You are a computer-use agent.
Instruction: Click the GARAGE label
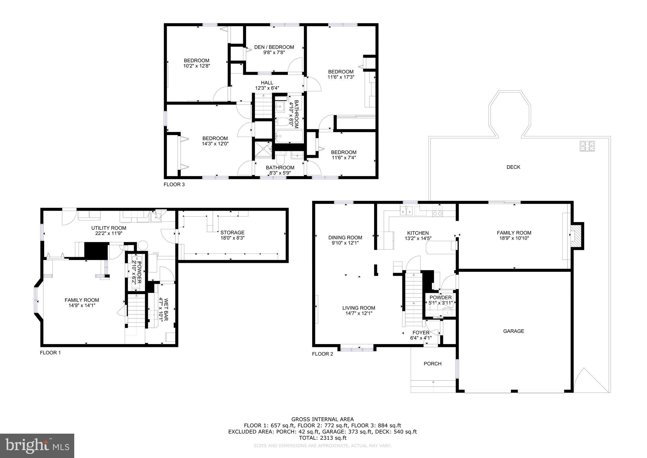point(513,331)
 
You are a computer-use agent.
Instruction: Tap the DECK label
point(513,167)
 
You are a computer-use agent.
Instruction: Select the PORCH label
point(432,364)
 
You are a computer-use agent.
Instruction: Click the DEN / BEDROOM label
point(274,47)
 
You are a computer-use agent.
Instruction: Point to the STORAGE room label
point(232,232)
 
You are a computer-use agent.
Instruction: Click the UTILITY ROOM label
point(109,228)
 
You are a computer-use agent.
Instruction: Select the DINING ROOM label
point(345,238)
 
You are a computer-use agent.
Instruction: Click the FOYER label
point(421,333)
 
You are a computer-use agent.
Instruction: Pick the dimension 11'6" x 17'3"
point(341,77)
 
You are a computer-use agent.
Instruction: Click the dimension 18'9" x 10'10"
point(514,238)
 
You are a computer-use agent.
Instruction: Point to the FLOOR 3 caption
point(174,184)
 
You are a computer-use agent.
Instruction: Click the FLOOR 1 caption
point(50,353)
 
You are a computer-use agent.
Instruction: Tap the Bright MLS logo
point(37,446)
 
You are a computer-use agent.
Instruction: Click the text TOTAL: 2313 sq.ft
point(323,438)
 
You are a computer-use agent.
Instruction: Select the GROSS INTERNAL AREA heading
point(323,420)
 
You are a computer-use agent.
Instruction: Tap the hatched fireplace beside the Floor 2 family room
point(577,236)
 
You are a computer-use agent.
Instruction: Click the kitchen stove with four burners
point(437,211)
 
